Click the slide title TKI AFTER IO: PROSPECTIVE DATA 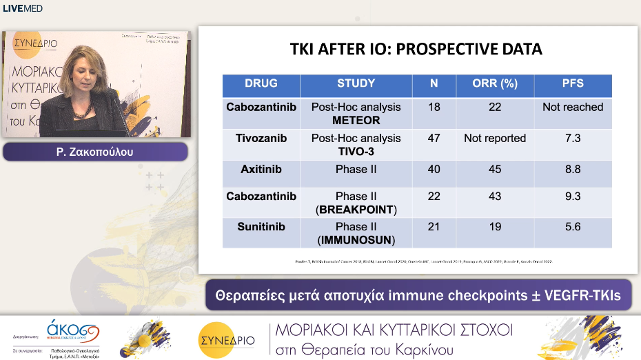(x=415, y=50)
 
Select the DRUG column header (x=261, y=83)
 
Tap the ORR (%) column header (x=494, y=83)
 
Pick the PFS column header (x=572, y=83)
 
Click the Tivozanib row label (x=261, y=138)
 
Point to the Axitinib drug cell (x=261, y=168)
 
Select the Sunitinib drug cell (x=261, y=226)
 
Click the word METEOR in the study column (x=356, y=120)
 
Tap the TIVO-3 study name (x=356, y=151)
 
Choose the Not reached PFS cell (x=572, y=107)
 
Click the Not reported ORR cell (x=494, y=138)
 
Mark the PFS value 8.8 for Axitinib (x=572, y=168)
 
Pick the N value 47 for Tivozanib (x=434, y=138)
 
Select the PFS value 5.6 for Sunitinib (x=572, y=226)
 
